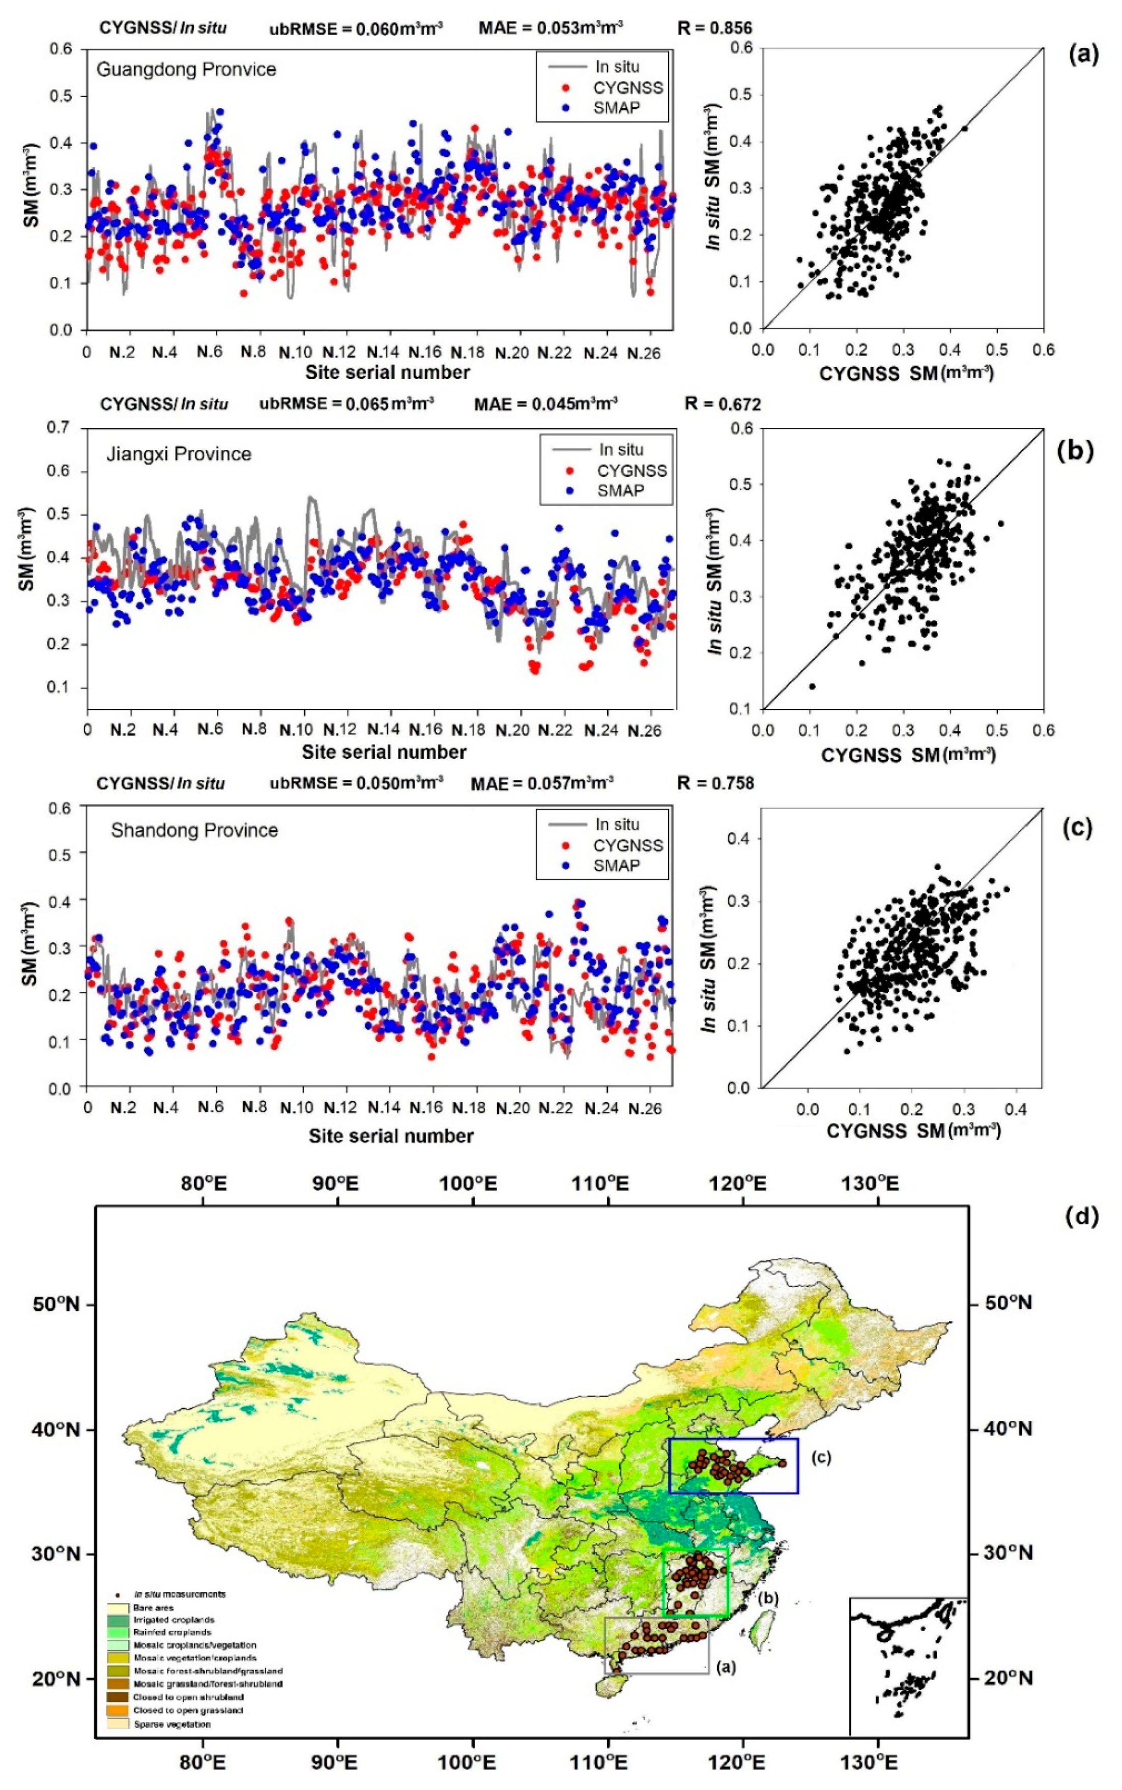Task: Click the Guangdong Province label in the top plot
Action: [x=186, y=70]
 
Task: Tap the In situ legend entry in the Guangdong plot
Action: [x=616, y=67]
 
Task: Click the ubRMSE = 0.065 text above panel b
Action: [x=346, y=405]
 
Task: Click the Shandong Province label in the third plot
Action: [x=194, y=830]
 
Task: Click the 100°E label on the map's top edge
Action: [x=473, y=1182]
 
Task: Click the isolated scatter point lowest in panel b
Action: [x=812, y=686]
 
